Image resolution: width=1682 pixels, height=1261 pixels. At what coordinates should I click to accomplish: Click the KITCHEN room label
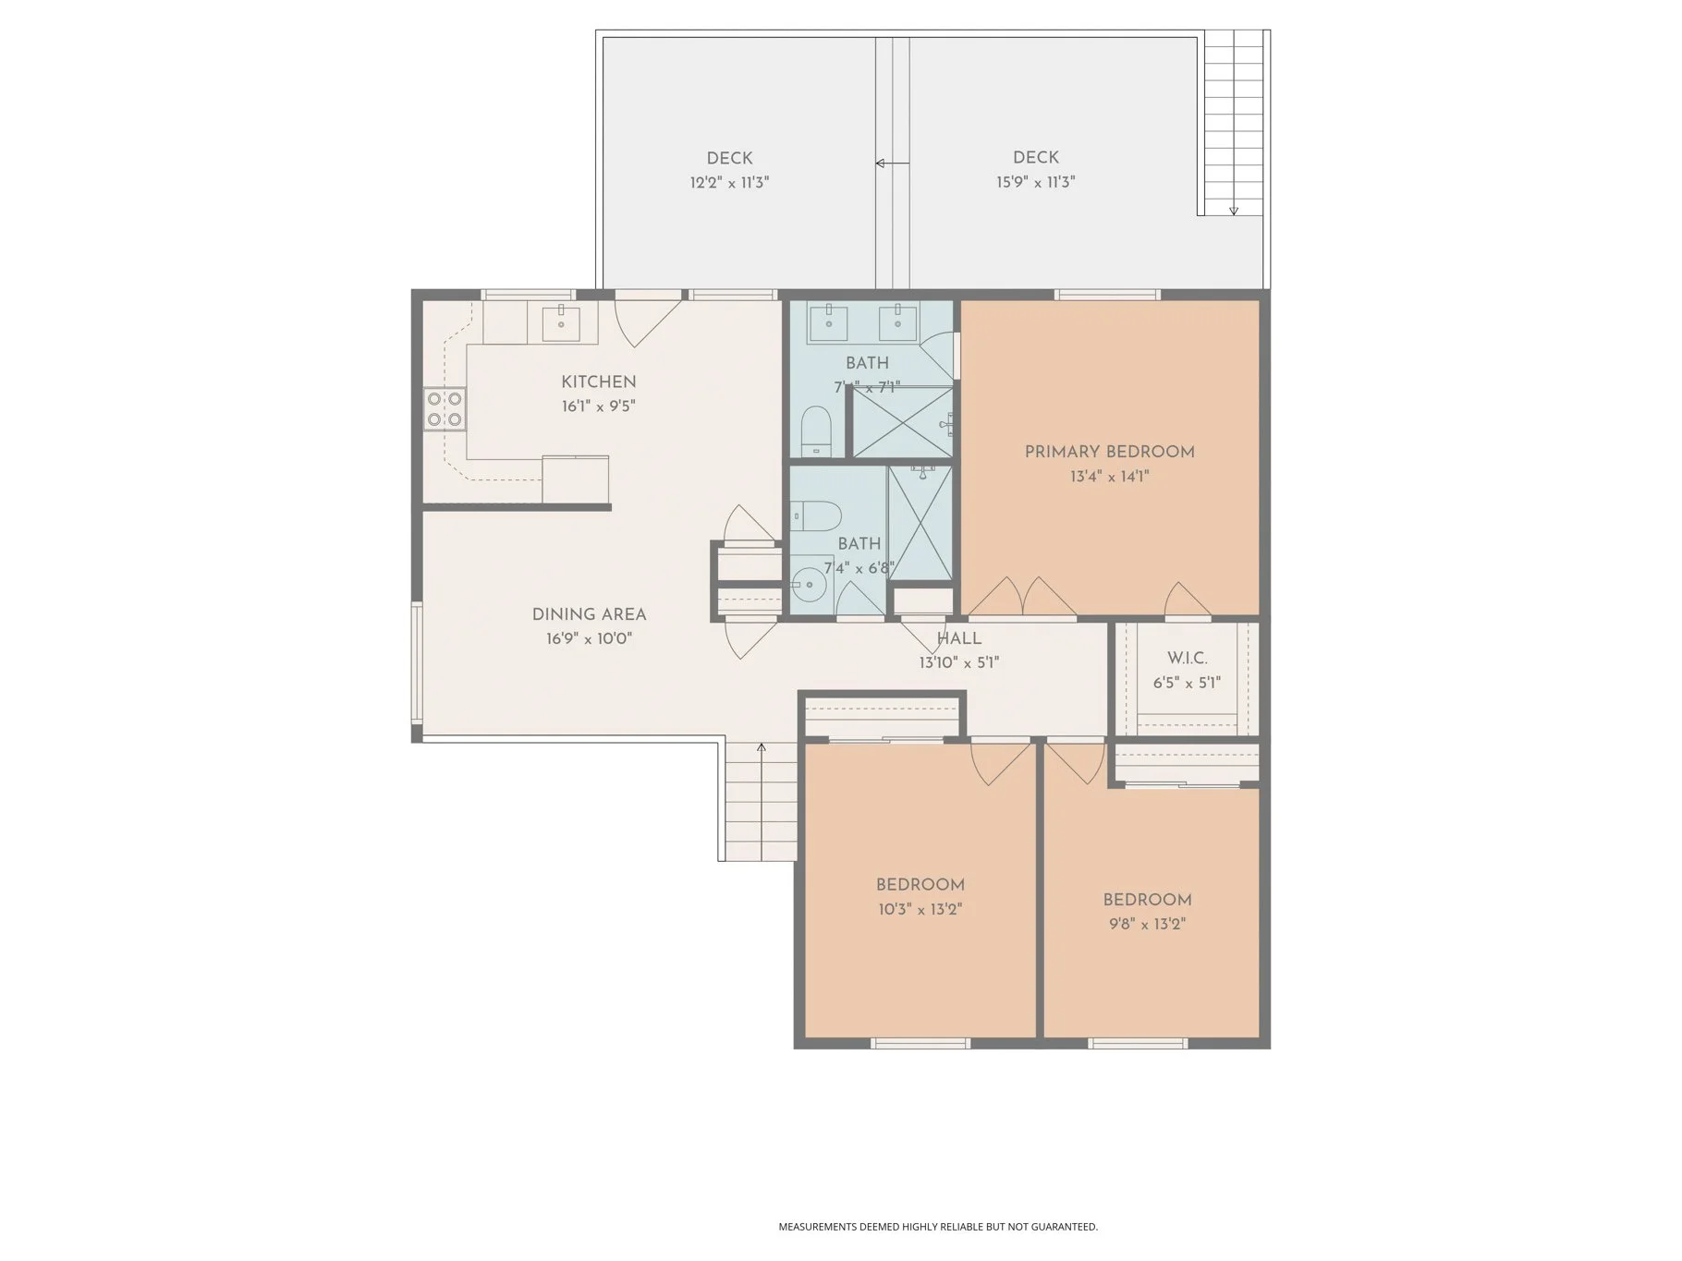pos(598,382)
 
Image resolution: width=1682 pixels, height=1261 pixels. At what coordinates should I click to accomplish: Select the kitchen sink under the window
pos(561,321)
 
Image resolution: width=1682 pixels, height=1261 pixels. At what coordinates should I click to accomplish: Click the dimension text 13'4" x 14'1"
pos(1109,477)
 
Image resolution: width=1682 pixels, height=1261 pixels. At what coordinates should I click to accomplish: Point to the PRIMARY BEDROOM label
pos(1109,452)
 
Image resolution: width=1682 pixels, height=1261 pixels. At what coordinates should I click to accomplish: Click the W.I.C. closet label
pos(1187,659)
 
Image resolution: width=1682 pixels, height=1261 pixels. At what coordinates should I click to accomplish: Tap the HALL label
pos(958,638)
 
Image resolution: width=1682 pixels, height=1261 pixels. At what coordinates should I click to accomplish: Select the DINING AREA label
pos(589,614)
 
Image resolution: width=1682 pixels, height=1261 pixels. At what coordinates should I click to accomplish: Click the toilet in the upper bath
pos(815,431)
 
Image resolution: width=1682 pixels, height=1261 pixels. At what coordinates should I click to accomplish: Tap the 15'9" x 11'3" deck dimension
pos(1035,182)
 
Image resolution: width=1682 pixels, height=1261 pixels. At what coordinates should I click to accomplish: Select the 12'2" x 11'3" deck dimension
pos(729,182)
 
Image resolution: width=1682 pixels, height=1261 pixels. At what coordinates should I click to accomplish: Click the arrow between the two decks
pos(891,164)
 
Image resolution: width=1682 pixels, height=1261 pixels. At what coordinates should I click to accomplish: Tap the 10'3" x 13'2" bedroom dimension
pos(920,909)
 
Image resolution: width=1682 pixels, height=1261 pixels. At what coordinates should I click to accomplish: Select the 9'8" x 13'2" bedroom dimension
pos(1147,924)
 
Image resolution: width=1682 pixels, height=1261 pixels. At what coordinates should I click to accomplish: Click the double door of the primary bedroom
pos(1022,599)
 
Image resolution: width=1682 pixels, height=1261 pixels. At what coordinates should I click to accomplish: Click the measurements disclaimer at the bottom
pos(937,1227)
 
